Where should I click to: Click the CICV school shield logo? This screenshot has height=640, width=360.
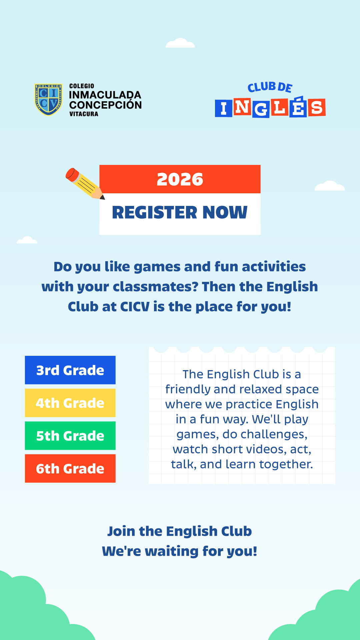48,100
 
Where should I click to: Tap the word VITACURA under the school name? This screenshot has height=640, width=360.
84,114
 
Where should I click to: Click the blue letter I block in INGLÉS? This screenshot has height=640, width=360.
223,108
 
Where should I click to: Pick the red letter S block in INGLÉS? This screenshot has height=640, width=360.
317,107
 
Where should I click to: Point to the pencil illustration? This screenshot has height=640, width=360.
85,184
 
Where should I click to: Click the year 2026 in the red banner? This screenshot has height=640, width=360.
180,179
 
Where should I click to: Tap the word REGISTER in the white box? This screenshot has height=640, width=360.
155,212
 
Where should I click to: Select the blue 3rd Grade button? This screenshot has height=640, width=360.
70,370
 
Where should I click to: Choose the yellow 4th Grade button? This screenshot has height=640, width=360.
70,403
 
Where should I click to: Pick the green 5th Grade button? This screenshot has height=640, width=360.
70,436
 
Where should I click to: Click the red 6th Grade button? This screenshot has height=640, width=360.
70,468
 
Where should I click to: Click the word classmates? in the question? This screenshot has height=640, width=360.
156,287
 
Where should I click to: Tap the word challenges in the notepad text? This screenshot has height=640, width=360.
274,435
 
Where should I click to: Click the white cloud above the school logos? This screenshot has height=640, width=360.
180,43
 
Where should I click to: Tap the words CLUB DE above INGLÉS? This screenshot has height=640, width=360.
270,87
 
